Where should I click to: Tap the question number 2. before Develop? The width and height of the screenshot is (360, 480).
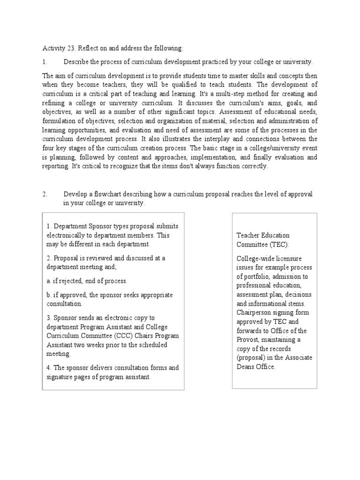point(45,194)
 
